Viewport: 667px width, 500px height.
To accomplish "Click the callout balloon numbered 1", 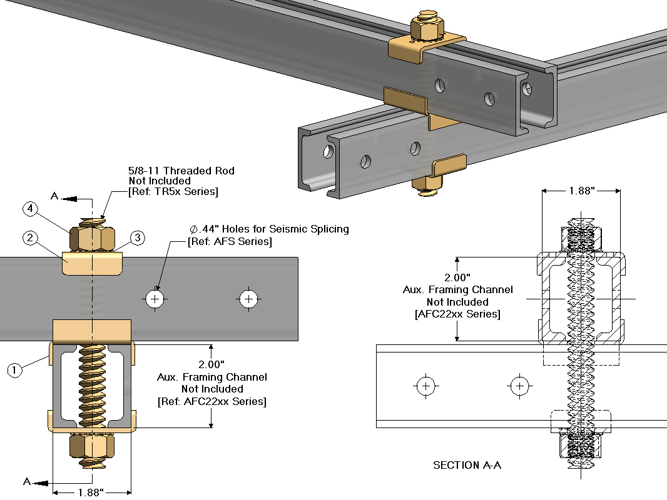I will pyautogui.click(x=15, y=370).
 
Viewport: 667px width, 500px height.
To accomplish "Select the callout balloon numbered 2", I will pyautogui.click(x=30, y=238).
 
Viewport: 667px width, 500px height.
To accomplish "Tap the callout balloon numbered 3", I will pyautogui.click(x=138, y=238).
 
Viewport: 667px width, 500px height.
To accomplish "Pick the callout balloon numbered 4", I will pyautogui.click(x=30, y=208).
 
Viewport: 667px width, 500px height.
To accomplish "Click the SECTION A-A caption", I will pyautogui.click(x=467, y=465).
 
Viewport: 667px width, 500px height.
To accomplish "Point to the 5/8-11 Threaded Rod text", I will pyautogui.click(x=182, y=170).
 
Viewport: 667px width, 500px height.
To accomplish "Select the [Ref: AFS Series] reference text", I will pyautogui.click(x=230, y=241).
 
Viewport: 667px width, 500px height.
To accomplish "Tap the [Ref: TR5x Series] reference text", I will pyautogui.click(x=173, y=192).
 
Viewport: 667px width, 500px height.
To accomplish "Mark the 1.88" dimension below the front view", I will pyautogui.click(x=91, y=492).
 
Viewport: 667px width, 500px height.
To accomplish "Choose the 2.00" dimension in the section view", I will pyautogui.click(x=457, y=277).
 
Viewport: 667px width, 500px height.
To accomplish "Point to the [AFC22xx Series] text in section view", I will pyautogui.click(x=457, y=314).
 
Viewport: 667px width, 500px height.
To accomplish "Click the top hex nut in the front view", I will pyautogui.click(x=93, y=238).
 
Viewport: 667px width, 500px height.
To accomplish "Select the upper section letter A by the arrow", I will pyautogui.click(x=54, y=197).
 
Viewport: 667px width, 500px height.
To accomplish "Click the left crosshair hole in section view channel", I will pyautogui.click(x=426, y=386).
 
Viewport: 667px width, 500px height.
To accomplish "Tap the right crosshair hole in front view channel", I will pyautogui.click(x=249, y=299).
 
